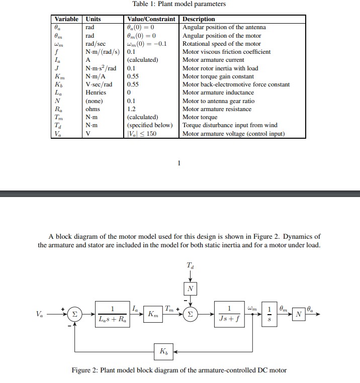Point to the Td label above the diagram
click(189, 265)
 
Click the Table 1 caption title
click(178, 4)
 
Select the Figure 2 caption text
click(179, 370)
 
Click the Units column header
click(94, 19)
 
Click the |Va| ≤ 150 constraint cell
click(142, 133)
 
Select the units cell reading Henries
click(96, 92)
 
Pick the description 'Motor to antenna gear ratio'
click(218, 101)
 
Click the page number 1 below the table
click(179, 162)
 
